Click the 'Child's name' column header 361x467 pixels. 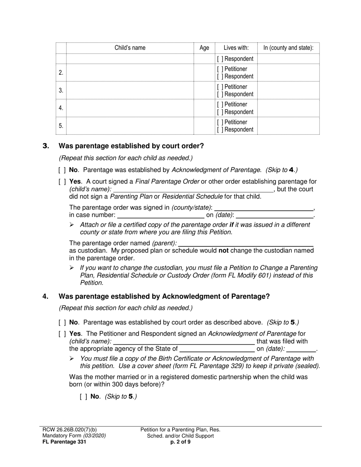(x=130, y=48)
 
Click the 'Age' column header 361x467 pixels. (x=204, y=48)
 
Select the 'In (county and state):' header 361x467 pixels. (x=288, y=48)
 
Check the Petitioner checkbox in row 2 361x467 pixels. (x=220, y=69)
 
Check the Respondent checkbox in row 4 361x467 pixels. (x=220, y=112)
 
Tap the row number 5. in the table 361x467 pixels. (x=61, y=126)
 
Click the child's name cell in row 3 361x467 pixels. (x=130, y=90)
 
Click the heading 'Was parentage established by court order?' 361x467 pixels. (x=131, y=146)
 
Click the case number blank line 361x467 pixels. (x=161, y=216)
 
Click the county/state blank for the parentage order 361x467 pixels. (x=264, y=208)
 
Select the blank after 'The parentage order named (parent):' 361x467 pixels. (x=246, y=243)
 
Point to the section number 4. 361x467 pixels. (x=46, y=297)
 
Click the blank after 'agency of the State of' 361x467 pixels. (x=217, y=349)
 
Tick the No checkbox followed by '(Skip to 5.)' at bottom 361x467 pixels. (x=83, y=397)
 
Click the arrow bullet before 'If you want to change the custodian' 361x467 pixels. (x=71, y=268)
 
